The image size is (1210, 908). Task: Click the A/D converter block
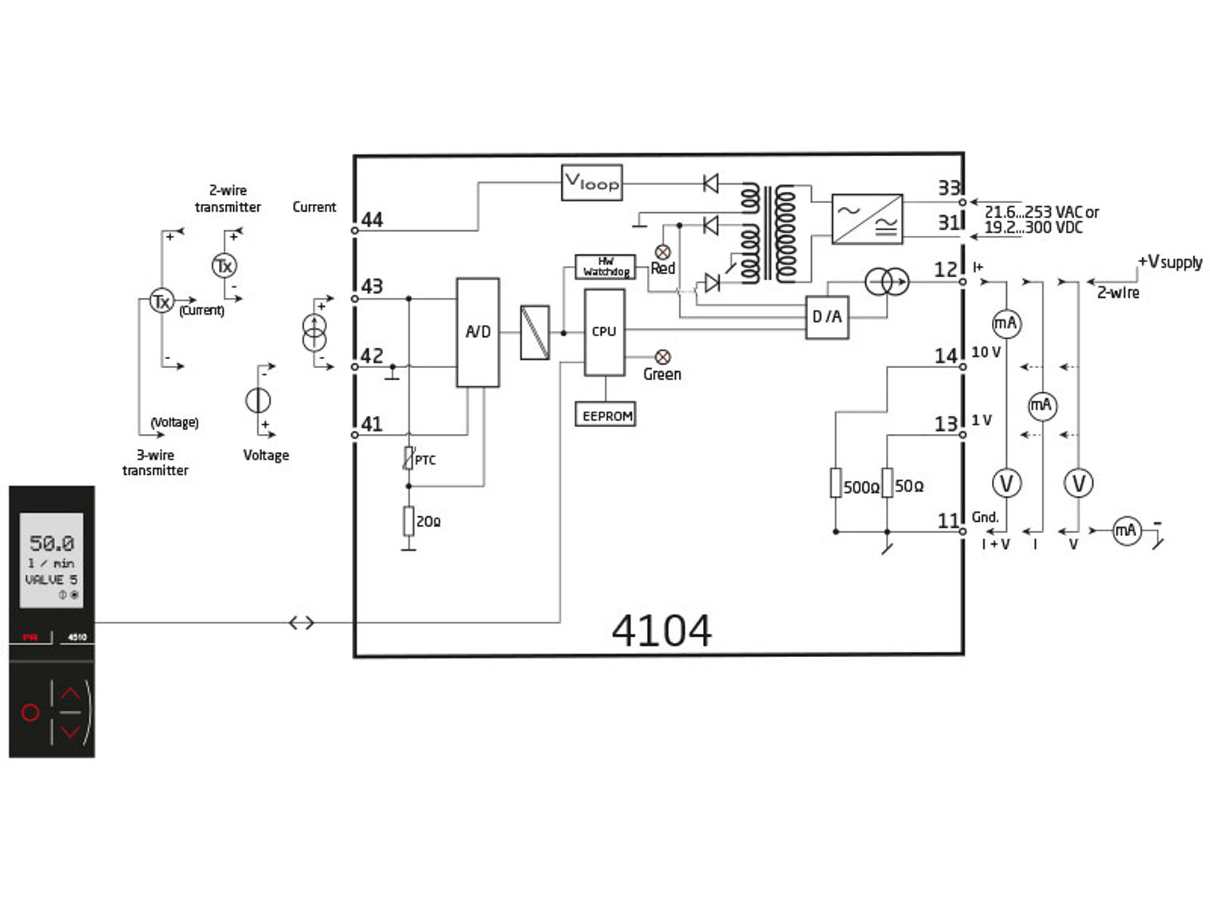(x=478, y=332)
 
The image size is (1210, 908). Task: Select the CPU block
(x=604, y=331)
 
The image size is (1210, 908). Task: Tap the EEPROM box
(x=606, y=415)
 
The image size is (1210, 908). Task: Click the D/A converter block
(x=826, y=317)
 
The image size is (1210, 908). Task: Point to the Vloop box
(x=591, y=183)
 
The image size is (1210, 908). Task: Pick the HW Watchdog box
(x=605, y=267)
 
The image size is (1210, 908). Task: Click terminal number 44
(x=372, y=220)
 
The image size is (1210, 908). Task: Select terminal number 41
(x=372, y=424)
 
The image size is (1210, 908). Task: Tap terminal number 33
(x=949, y=188)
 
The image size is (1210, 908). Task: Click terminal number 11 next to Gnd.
(x=948, y=521)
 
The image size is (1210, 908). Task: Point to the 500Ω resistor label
(x=861, y=487)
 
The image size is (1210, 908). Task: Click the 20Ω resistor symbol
(x=408, y=521)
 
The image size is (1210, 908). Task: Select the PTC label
(x=425, y=460)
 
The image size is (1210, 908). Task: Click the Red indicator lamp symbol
(x=662, y=252)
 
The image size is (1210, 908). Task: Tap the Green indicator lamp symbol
(x=662, y=357)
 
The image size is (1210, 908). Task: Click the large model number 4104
(x=662, y=631)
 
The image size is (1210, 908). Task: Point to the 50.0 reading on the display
(x=52, y=543)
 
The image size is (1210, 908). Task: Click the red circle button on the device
(x=30, y=712)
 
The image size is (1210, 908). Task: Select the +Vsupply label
(x=1169, y=262)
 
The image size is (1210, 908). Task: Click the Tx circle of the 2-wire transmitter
(x=224, y=265)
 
